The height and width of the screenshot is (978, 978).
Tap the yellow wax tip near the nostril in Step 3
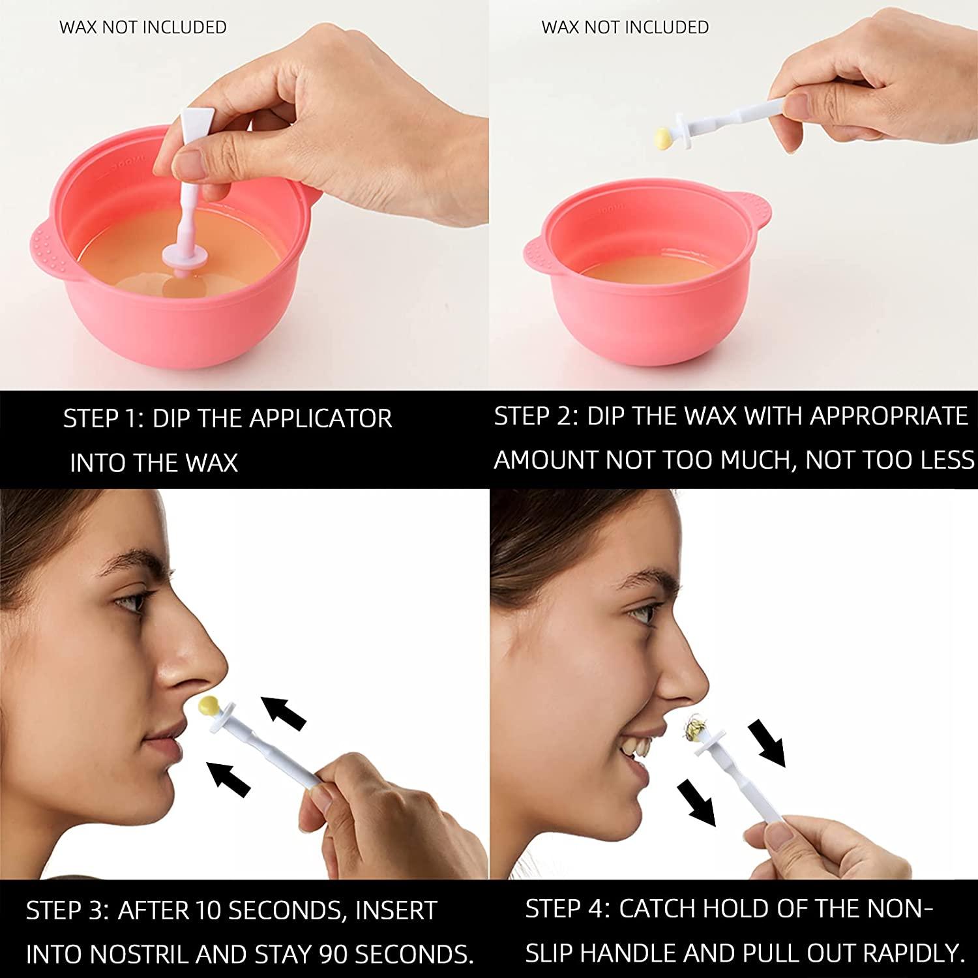coord(209,705)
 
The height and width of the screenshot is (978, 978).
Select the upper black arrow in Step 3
coord(283,713)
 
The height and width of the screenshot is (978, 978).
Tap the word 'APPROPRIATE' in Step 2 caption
coord(889,416)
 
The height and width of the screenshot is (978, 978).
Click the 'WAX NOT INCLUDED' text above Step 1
coord(143,27)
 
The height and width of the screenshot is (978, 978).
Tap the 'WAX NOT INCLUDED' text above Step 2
coord(625,27)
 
